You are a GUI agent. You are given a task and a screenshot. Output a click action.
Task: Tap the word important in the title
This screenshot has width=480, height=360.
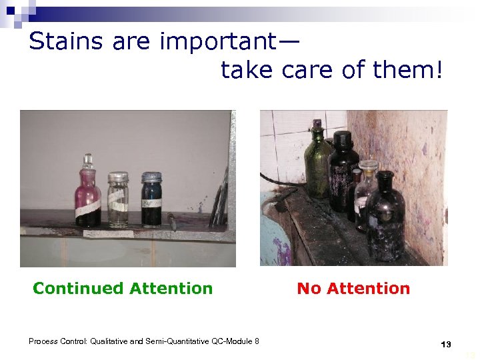click(x=214, y=41)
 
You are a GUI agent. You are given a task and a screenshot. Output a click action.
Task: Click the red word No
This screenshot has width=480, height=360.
click(x=309, y=289)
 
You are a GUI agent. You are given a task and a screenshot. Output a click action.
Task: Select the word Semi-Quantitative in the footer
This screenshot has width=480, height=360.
click(x=177, y=342)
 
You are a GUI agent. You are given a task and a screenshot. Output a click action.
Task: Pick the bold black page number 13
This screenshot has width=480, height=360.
click(x=446, y=345)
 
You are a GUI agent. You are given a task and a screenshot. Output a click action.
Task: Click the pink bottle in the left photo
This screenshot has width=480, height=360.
click(x=88, y=197)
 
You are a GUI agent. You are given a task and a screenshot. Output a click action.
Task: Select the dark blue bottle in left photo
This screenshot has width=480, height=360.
click(x=151, y=201)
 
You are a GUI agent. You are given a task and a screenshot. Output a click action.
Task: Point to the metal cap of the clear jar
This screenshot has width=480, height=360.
click(x=118, y=177)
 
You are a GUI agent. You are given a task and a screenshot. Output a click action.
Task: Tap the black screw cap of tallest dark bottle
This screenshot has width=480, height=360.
click(x=343, y=139)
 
